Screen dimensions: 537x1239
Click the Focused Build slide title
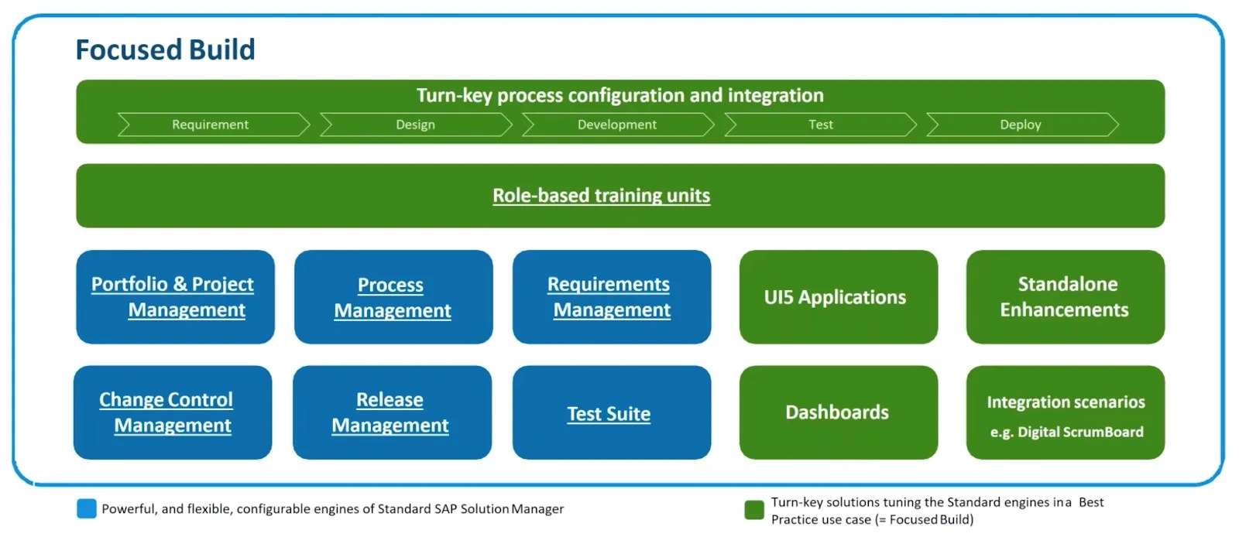165,50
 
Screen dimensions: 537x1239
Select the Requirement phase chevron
211,125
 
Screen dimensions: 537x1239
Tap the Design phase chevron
416,125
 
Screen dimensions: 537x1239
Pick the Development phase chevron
617,125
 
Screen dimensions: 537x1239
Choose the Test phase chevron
820,125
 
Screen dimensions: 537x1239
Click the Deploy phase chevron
1021,125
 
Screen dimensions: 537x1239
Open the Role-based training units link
601,196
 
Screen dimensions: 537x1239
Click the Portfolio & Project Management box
175,297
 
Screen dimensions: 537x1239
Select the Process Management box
393,297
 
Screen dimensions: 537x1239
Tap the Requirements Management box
611,297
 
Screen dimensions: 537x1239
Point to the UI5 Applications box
838,297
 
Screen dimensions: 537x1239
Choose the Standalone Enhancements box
1065,297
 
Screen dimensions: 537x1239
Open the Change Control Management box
173,412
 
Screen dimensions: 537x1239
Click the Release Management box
392,412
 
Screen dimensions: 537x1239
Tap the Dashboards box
838,412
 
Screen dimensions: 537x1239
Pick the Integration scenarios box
1065,412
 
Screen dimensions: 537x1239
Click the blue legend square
87,508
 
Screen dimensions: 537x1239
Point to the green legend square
753,510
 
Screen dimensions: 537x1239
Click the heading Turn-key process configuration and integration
619,95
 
